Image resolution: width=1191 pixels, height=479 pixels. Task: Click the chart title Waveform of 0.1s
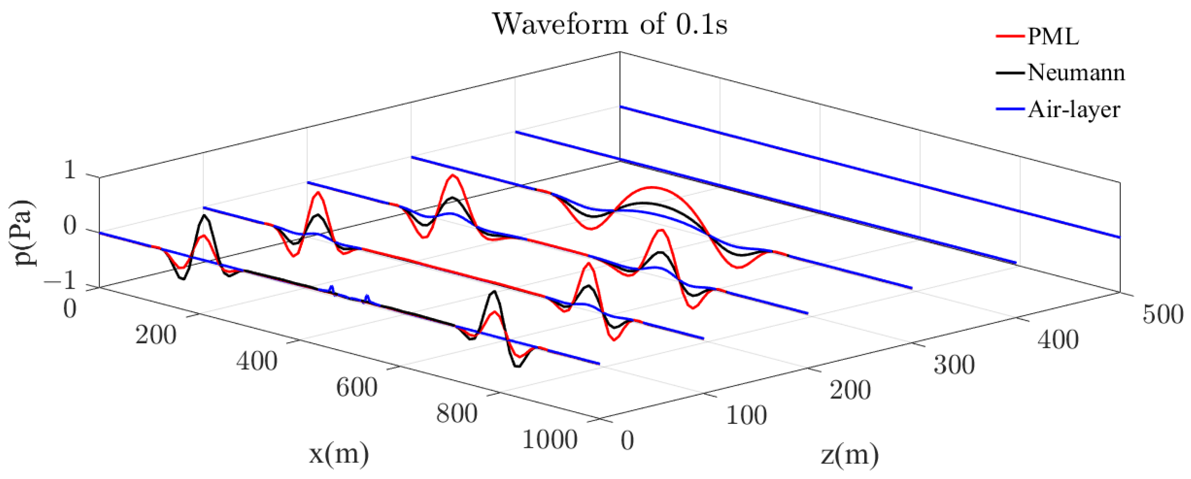click(609, 24)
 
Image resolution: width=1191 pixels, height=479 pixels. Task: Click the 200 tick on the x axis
click(156, 335)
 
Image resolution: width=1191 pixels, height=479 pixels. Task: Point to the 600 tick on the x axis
click(356, 387)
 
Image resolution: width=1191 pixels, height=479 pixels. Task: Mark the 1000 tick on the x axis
click(549, 439)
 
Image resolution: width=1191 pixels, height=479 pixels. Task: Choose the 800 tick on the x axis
click(456, 413)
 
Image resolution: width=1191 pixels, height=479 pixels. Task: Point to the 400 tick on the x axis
click(257, 361)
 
